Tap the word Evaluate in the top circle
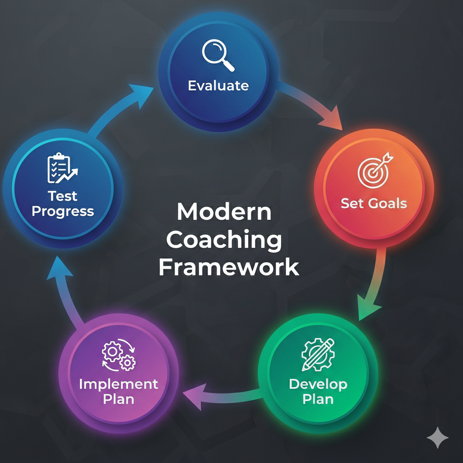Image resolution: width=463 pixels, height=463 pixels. point(218,85)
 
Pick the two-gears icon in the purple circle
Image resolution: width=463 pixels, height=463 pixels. point(118,356)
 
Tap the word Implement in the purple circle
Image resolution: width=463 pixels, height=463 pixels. point(118,384)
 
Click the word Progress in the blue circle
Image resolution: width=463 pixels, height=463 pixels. point(63,211)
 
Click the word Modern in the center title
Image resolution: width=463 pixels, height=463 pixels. point(224,212)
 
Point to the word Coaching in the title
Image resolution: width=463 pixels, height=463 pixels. point(224,240)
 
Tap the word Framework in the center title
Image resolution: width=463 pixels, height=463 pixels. point(229,267)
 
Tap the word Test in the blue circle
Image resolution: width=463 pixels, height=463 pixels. point(63,196)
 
